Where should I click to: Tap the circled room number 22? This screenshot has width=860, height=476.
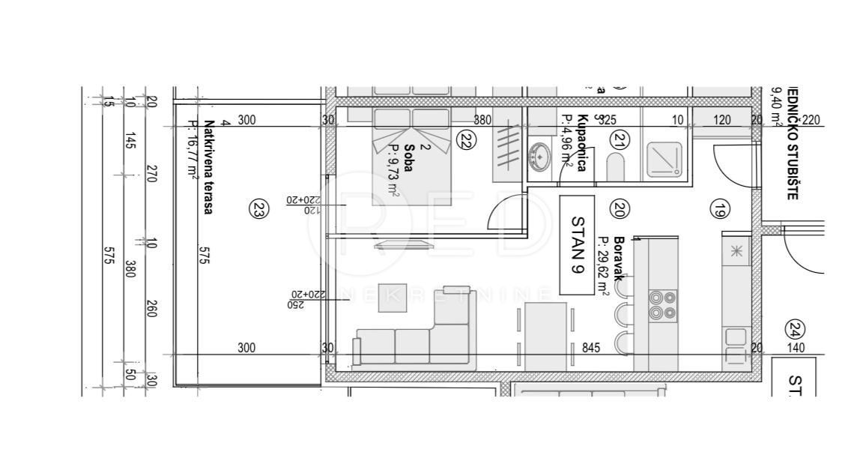coord(466,140)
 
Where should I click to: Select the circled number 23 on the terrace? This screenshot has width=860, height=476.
coord(258,211)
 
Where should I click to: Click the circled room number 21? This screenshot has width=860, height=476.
coord(619,139)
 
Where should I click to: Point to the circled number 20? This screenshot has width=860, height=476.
coord(619,210)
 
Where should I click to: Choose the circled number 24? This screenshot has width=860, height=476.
coord(795,328)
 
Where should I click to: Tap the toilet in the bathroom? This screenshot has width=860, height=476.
coord(615,167)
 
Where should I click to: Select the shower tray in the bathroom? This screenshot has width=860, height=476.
coord(663,160)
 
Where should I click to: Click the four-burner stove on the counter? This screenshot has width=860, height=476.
coord(662,305)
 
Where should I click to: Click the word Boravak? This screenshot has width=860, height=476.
coord(619,259)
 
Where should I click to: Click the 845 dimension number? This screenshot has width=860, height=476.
coord(592,348)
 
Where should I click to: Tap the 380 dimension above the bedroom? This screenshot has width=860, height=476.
coord(482,120)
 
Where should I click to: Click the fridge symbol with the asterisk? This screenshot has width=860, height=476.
coord(736,251)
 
